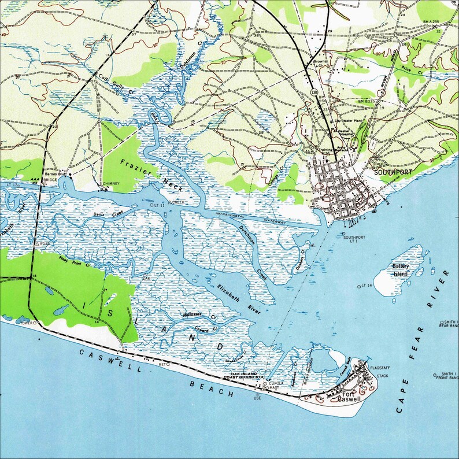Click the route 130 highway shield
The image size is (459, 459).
313,92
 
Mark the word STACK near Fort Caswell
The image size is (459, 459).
383,376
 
